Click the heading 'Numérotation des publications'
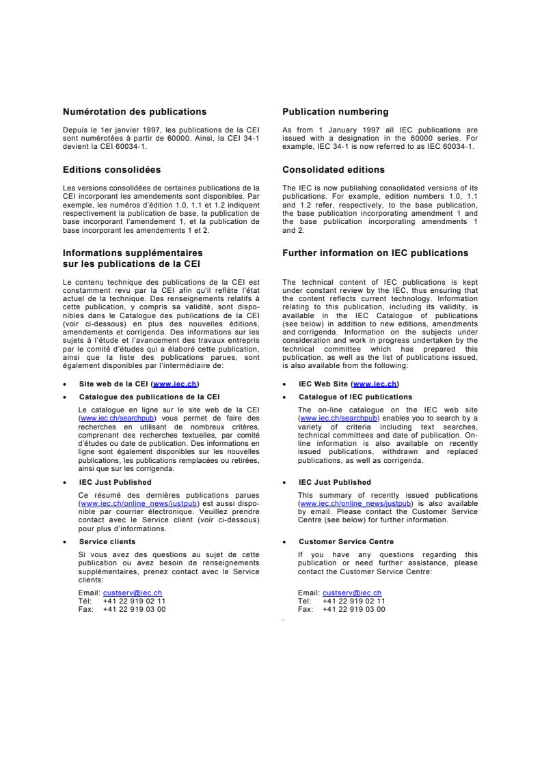[x=135, y=112]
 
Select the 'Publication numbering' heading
[x=336, y=112]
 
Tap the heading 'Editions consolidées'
[x=112, y=169]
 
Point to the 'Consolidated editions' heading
[x=334, y=169]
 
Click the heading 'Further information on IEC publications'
[x=375, y=253]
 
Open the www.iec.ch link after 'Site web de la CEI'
[x=176, y=384]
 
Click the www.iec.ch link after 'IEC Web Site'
[x=375, y=384]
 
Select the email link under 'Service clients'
[x=133, y=593]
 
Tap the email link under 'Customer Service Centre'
[x=352, y=593]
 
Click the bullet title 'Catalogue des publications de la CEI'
[x=149, y=397]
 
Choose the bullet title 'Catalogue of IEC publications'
[x=355, y=397]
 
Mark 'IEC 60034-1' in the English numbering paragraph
[x=452, y=146]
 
